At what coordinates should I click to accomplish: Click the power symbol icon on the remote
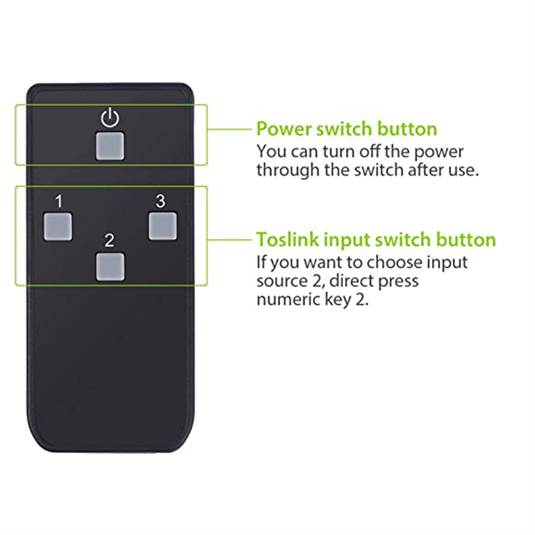tap(110, 117)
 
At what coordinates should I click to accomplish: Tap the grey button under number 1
tap(58, 226)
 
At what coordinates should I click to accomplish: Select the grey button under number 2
tap(110, 267)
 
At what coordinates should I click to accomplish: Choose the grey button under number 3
tap(163, 226)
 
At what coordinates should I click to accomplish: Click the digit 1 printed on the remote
tap(59, 202)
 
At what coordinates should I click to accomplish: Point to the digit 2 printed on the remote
tap(109, 240)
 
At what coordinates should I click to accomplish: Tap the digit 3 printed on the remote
tap(160, 201)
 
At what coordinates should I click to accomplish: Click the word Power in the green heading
tap(284, 129)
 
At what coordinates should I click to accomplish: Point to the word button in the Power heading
tap(407, 129)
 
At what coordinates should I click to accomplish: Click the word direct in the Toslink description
tap(351, 281)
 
